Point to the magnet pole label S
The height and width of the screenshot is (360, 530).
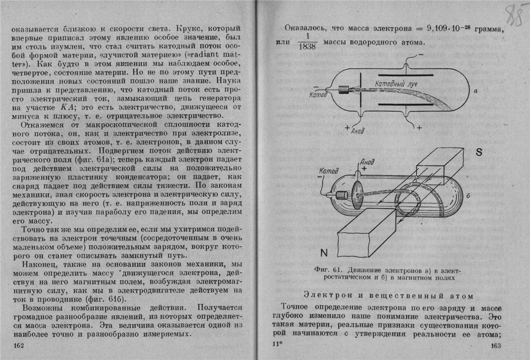click(479, 153)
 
